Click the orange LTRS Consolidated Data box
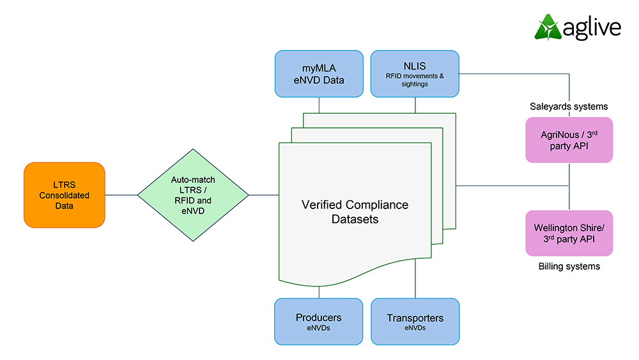click(x=64, y=195)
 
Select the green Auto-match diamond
click(x=193, y=195)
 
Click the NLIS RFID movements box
click(x=415, y=74)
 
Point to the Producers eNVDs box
click(x=318, y=322)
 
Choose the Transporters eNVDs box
click(x=415, y=322)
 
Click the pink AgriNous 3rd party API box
click(x=568, y=139)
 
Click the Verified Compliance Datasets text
click(x=355, y=212)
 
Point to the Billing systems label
click(x=569, y=266)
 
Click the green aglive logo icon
click(x=547, y=27)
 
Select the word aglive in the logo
click(x=592, y=29)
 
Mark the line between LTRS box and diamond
click(x=121, y=195)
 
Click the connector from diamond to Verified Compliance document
click(x=263, y=195)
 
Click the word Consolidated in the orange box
click(x=64, y=195)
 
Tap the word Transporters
click(x=415, y=318)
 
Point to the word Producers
click(x=318, y=317)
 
